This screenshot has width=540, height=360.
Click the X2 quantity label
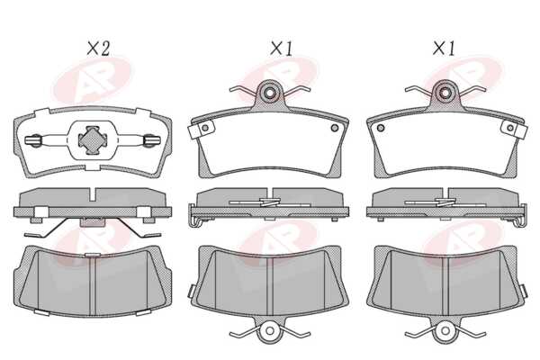coord(98,49)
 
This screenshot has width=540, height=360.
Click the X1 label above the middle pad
coord(282,49)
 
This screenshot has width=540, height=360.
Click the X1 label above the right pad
coord(444,49)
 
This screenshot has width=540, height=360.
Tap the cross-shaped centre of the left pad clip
coord(93,139)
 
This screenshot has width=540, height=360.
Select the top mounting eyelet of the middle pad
coord(270,92)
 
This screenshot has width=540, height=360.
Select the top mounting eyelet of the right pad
coord(445,92)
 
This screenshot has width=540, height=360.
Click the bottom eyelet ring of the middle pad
coord(270,330)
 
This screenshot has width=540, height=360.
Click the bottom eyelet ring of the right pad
coord(445,330)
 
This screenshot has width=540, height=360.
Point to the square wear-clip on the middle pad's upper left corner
coord(201,130)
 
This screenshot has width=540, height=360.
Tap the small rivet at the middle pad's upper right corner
coord(335,128)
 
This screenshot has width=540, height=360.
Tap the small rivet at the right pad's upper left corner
coord(381,128)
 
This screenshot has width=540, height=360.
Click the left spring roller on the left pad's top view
coord(34,140)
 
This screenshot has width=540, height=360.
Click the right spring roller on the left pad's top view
coord(152,140)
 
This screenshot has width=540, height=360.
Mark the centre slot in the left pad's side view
coord(93,194)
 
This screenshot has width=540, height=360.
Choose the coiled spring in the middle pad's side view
coord(270,202)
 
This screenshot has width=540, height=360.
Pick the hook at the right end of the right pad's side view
coord(521,216)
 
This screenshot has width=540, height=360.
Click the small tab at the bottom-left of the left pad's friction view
coord(41,312)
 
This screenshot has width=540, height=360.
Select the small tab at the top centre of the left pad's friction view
coord(93,255)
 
